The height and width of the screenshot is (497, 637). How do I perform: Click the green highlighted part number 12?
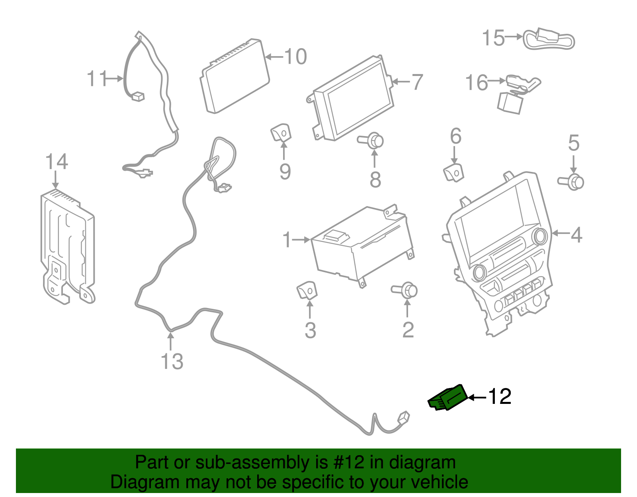[448, 398]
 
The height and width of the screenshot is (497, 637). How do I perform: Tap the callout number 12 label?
[499, 396]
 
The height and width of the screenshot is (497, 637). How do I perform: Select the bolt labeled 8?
[373, 140]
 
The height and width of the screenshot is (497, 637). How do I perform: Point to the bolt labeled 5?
[573, 181]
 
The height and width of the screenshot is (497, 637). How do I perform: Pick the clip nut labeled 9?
[281, 133]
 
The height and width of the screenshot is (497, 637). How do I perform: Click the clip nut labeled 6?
[453, 172]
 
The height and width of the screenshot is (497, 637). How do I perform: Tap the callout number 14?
[57, 162]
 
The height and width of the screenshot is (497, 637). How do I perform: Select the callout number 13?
[172, 362]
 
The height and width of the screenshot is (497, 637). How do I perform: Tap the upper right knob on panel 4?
[540, 236]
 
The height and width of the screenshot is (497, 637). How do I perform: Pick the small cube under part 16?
[510, 103]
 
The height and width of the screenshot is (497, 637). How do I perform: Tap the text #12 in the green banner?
[346, 462]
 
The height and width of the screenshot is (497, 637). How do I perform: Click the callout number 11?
[97, 79]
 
